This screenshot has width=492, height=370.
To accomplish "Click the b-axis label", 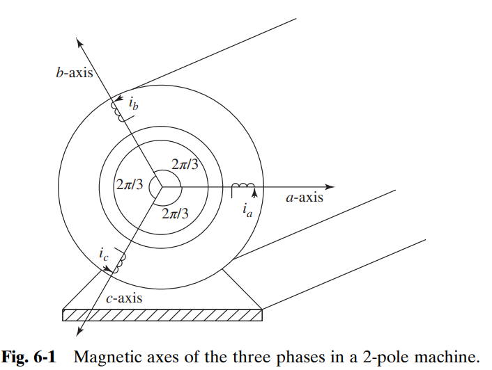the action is tap(74, 72).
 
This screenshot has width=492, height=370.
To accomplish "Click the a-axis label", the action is tap(305, 198).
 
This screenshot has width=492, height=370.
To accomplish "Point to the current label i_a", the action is tap(248, 209).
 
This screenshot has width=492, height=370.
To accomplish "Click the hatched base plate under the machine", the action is tap(162, 314).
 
